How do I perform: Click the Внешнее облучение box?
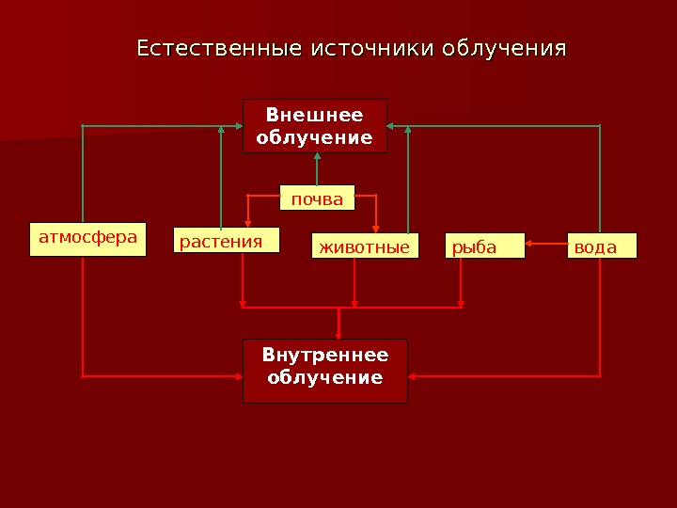315,126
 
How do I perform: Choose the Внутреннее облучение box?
324,371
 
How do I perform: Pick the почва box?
317,198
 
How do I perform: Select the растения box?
227,242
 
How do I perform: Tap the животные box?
365,246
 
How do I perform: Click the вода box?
602,246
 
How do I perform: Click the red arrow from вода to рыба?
545,246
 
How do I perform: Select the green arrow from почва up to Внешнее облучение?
317,169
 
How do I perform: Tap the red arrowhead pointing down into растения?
247,222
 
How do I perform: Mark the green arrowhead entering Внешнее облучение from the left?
237,125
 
